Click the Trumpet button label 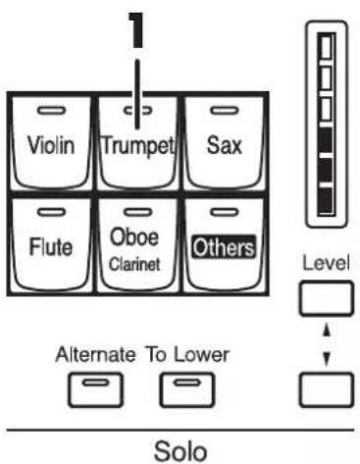(x=138, y=146)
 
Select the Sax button (x=224, y=143)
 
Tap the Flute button (x=51, y=244)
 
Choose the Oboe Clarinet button (x=137, y=244)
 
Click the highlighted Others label (x=224, y=247)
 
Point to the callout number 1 (x=136, y=29)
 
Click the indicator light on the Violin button (x=51, y=111)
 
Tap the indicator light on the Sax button (x=225, y=111)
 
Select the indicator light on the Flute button (x=51, y=213)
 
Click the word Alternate (x=95, y=354)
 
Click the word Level (x=326, y=263)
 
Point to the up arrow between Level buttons (x=327, y=333)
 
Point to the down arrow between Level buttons (x=327, y=359)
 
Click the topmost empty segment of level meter (x=326, y=47)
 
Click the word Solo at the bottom (x=180, y=451)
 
